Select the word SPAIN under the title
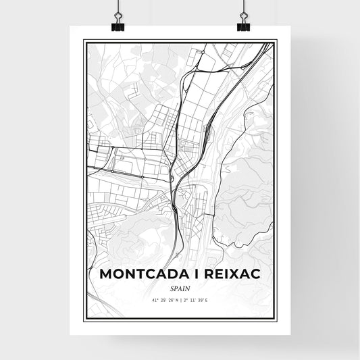[x=180, y=287]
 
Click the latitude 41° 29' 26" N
[x=161, y=299]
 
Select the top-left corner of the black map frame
[x=84, y=41]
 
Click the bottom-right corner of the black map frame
[x=277, y=319]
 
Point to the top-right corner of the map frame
[x=277, y=41]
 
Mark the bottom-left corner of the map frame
[x=84, y=319]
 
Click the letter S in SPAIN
[x=171, y=287]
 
